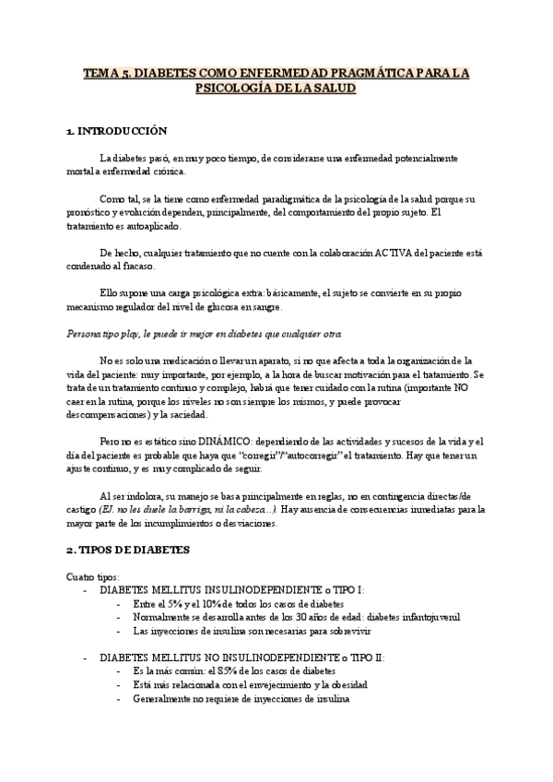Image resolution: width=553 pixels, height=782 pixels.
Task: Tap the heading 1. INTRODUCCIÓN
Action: coord(117,132)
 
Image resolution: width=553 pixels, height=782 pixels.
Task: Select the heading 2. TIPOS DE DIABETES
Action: coord(127,550)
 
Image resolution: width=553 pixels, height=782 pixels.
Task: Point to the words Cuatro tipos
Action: coord(92,575)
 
